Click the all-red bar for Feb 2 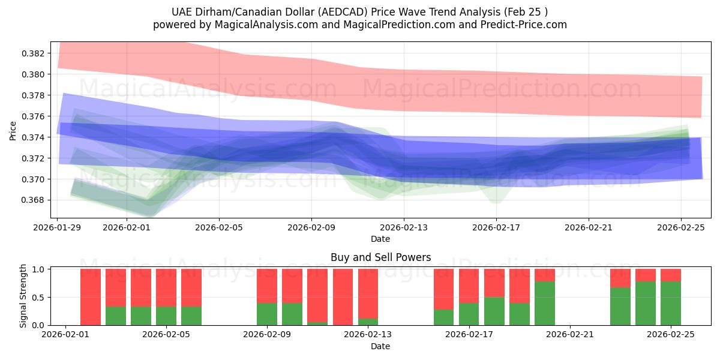(91, 297)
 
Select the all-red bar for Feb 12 (343, 297)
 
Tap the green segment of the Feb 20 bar (544, 304)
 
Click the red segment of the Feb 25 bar (670, 275)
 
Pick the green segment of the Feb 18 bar (494, 311)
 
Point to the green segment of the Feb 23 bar (620, 307)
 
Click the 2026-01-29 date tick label (58, 227)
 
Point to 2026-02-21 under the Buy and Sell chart (569, 335)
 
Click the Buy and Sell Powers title (380, 257)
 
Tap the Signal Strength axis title (23, 296)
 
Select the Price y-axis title (13, 130)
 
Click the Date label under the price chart (380, 239)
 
